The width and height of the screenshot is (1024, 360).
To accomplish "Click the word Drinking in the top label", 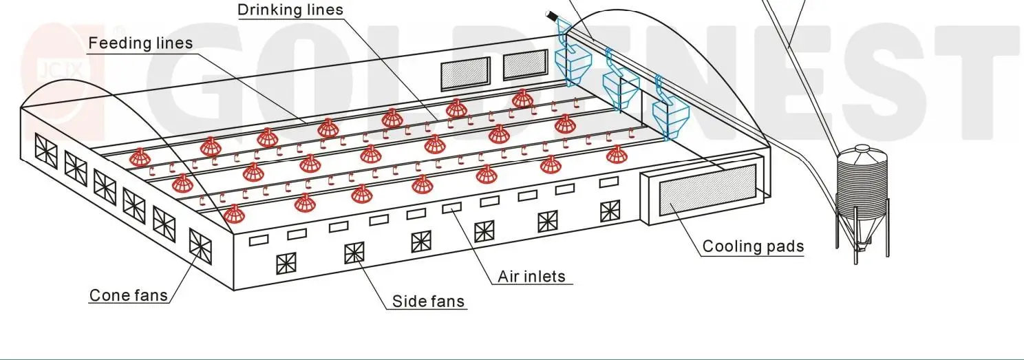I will (264, 10).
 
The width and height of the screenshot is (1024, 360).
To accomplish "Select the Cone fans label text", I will (129, 296).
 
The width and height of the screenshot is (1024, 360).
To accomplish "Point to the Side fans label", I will (428, 301).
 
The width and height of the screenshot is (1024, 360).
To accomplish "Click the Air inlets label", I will (531, 277).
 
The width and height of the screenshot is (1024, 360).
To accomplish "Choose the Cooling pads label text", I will (753, 246).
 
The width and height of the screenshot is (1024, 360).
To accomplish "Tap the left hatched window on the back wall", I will (465, 72).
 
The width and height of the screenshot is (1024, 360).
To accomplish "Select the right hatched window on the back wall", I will (526, 64).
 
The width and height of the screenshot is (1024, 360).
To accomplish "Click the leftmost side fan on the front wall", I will (286, 264).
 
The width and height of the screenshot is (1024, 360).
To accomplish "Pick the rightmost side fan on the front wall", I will (610, 211).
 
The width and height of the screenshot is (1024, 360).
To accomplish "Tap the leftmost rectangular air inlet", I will (258, 240).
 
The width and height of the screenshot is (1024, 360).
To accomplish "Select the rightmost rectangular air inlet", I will (608, 183).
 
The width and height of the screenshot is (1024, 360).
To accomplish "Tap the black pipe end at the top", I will (551, 14).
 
